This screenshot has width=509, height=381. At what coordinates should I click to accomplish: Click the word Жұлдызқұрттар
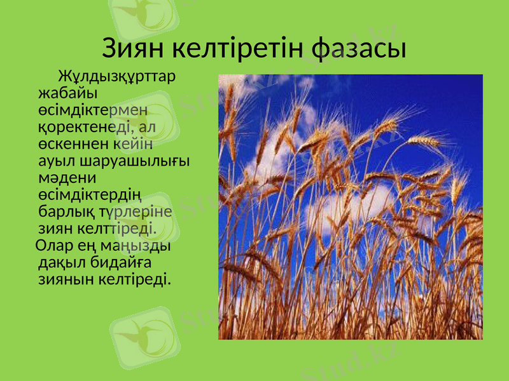[x=117, y=77]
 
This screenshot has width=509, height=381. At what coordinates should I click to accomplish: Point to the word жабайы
[x=64, y=93]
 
